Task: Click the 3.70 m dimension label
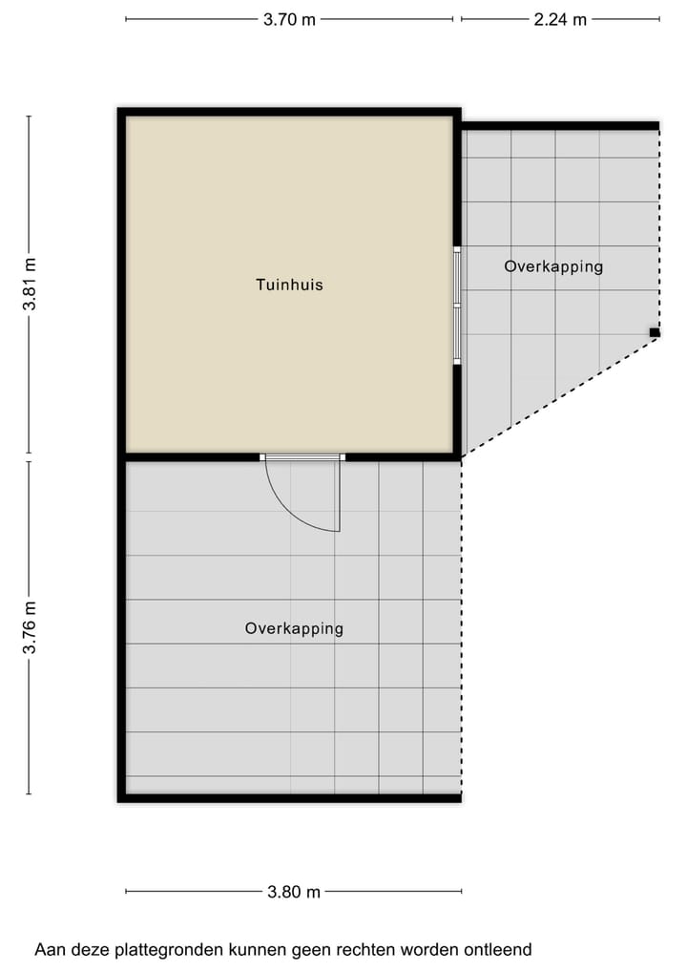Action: point(289,19)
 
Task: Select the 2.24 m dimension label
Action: point(560,19)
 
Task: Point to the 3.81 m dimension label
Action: point(30,285)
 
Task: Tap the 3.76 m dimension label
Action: point(30,627)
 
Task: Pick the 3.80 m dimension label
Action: point(294,892)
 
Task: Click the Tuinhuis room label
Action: point(289,285)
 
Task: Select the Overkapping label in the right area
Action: point(553,266)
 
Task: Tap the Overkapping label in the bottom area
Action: point(294,628)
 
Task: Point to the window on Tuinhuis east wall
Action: point(457,306)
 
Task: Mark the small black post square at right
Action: point(655,332)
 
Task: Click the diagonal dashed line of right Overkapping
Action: point(558,396)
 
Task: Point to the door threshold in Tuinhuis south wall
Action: point(302,457)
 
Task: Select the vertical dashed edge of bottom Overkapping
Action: point(462,630)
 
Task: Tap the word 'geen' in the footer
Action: point(322,950)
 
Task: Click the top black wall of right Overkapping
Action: point(560,125)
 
